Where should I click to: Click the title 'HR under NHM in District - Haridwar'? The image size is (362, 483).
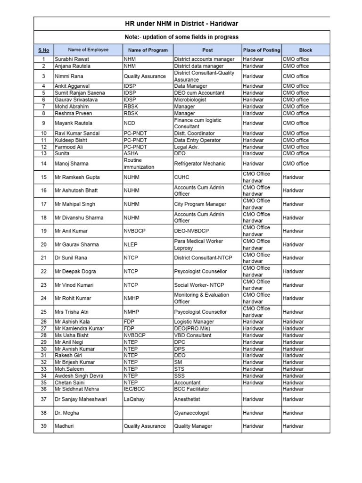click(x=181, y=23)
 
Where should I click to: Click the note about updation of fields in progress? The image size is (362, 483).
click(x=181, y=37)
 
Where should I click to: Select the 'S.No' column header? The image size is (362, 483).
click(x=43, y=50)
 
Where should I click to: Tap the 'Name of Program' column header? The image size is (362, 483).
click(x=148, y=50)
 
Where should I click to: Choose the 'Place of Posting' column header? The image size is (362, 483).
click(x=261, y=50)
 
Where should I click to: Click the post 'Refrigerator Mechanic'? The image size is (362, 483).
click(x=199, y=164)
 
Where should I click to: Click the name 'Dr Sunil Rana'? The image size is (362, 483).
click(x=71, y=258)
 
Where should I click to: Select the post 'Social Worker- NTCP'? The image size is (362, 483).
click(x=199, y=285)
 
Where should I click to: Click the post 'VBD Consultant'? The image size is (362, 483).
click(x=193, y=335)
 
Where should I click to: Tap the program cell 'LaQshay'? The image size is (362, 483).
click(x=134, y=399)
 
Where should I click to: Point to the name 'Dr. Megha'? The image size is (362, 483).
click(x=67, y=413)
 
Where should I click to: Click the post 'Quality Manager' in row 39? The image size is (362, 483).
click(x=193, y=426)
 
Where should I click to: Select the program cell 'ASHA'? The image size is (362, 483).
click(x=131, y=153)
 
